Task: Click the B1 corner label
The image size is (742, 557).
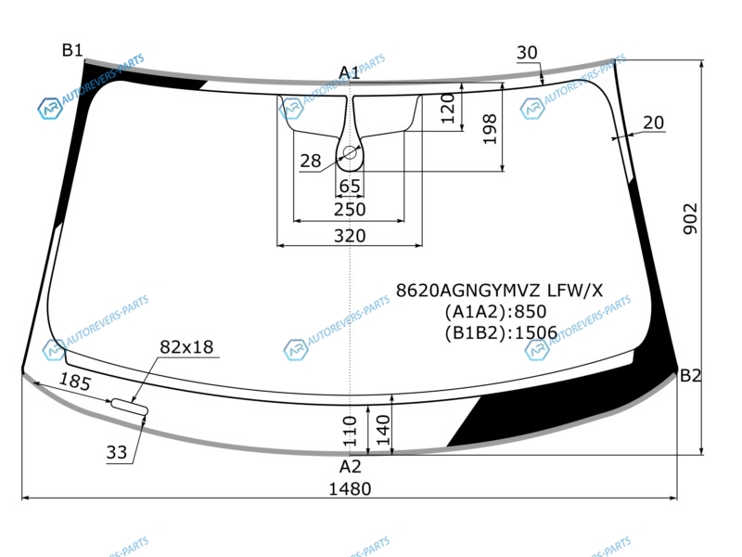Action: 72,50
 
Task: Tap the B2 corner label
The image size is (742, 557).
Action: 690,376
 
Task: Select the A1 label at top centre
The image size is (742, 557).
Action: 350,73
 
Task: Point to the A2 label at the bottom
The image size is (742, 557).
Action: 351,467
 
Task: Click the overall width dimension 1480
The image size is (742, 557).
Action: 350,488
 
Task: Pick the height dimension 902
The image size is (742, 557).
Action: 690,218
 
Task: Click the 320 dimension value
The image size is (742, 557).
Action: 350,236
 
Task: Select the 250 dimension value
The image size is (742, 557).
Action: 350,209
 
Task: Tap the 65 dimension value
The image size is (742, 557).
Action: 350,187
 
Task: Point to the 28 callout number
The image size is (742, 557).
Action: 311,161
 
